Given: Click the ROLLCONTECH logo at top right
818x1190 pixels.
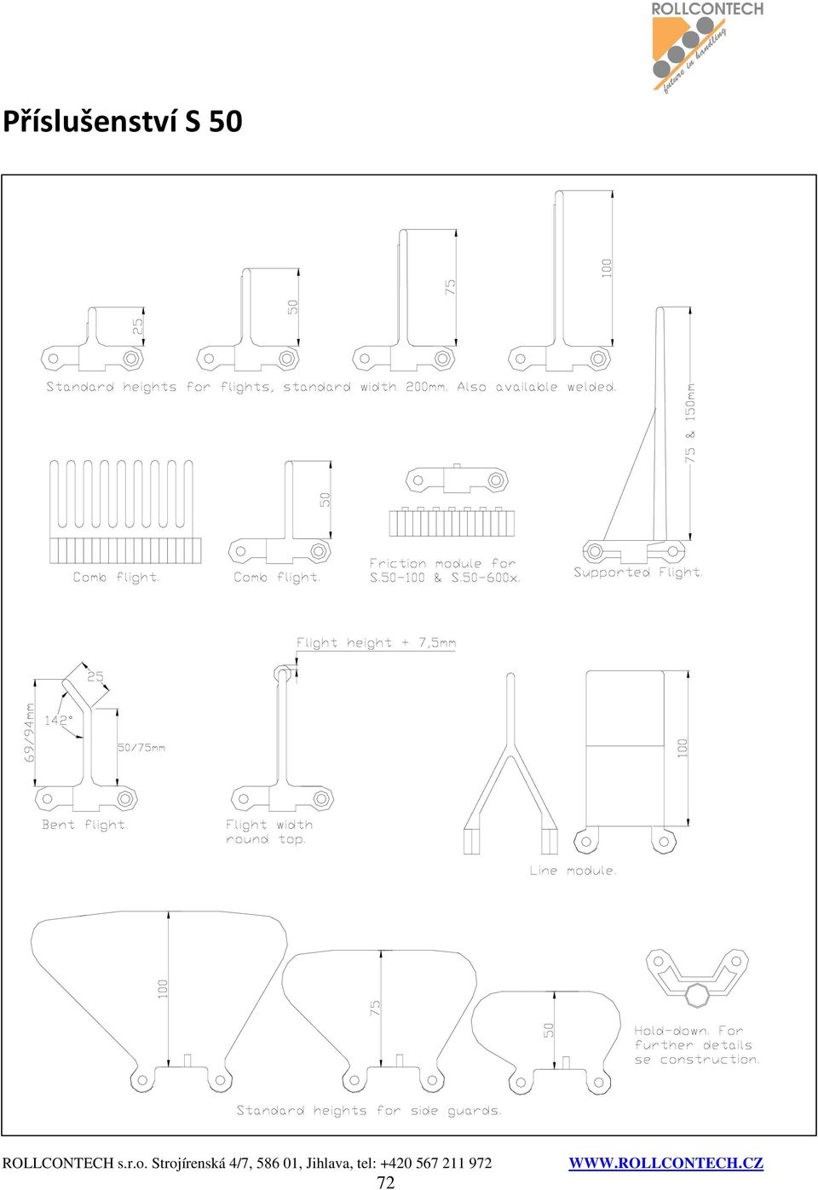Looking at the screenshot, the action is [707, 47].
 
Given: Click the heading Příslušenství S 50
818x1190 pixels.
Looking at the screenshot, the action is [123, 121].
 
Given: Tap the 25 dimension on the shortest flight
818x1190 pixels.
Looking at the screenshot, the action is [138, 325].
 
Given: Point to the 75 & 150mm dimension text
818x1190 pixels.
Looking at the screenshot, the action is [689, 423].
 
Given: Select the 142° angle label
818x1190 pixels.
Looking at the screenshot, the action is [59, 721].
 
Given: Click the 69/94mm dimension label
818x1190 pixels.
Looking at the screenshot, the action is [29, 733].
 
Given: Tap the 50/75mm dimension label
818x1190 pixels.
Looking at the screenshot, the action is [141, 747].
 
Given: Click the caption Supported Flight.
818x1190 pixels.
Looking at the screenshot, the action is [638, 572].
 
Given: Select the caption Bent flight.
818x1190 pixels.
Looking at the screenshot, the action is [85, 825].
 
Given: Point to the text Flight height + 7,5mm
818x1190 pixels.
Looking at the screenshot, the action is [377, 643].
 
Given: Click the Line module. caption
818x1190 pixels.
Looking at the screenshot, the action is [573, 871].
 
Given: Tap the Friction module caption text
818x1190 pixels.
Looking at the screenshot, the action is [444, 570].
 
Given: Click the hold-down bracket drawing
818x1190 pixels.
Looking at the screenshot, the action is [697, 978].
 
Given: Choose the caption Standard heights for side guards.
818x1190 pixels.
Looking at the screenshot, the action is [369, 1110].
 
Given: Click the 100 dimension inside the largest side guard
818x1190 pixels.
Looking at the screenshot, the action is [163, 989].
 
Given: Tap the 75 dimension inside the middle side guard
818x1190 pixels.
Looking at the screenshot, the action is [375, 1009].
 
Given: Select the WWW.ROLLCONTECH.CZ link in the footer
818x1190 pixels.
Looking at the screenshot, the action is [666, 1163].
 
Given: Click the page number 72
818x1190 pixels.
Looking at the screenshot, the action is [386, 1181].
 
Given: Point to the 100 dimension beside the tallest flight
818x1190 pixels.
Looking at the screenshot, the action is [607, 267].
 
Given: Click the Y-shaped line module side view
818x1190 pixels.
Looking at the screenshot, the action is [510, 763].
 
